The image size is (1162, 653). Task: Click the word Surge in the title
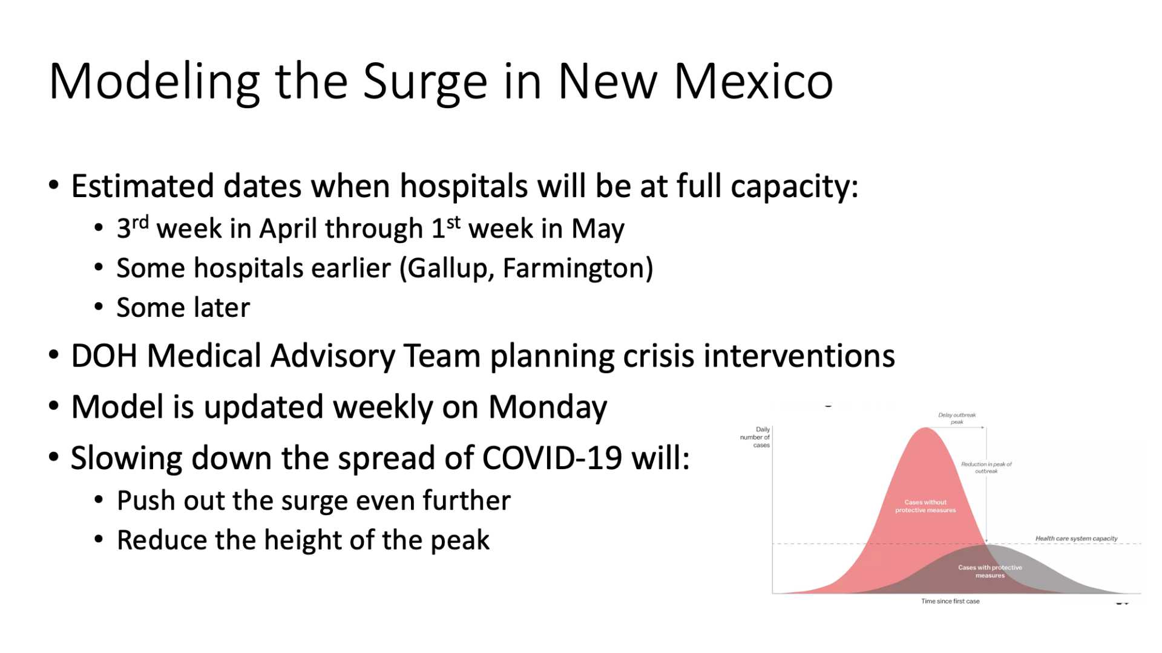point(425,83)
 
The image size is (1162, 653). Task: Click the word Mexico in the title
point(753,81)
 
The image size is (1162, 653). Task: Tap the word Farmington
point(574,268)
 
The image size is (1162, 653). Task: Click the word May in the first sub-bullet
point(597,229)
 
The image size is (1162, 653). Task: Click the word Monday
point(548,408)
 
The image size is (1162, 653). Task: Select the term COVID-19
point(552,458)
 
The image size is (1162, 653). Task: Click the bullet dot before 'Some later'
point(99,307)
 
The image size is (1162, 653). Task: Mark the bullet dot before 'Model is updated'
point(54,406)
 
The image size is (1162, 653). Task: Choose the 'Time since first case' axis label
point(950,601)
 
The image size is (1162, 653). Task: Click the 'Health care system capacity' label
point(1076,538)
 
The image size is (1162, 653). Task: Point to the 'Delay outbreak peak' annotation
point(957,418)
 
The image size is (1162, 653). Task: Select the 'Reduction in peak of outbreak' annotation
point(986,467)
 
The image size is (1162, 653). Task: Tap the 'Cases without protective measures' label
point(925,506)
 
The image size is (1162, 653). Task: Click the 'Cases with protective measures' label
point(990,571)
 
